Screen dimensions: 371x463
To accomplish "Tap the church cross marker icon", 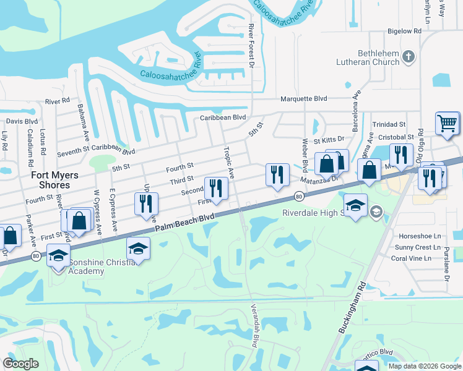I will click(x=408, y=58).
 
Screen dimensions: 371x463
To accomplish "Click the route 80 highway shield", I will click(x=299, y=196).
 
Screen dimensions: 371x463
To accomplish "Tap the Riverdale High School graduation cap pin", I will click(x=355, y=207).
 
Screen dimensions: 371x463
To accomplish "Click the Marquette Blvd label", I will click(x=303, y=98).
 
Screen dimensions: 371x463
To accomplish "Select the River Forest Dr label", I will click(x=251, y=46).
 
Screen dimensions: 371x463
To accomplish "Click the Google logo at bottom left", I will click(x=20, y=363).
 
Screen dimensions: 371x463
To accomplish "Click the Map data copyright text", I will click(x=424, y=365).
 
